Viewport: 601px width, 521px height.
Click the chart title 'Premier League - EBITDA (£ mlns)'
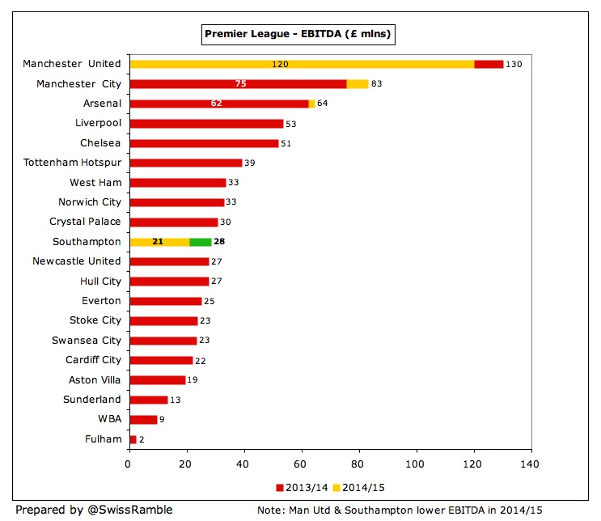(x=298, y=34)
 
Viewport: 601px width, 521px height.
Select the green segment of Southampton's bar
(x=200, y=241)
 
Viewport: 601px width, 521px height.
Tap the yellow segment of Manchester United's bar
(x=302, y=64)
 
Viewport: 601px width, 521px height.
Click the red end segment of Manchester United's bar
(x=489, y=64)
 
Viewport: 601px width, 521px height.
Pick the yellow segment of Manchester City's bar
(x=358, y=83)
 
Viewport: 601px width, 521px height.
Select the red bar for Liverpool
(x=206, y=123)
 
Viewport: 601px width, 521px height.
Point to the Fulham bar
(x=133, y=439)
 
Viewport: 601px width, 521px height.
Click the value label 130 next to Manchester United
(x=514, y=64)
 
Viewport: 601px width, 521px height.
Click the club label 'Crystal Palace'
(x=85, y=222)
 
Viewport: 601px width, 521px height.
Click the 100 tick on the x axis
(x=416, y=465)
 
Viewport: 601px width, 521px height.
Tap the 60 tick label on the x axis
(x=301, y=465)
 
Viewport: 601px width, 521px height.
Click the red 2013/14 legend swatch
(x=280, y=488)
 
